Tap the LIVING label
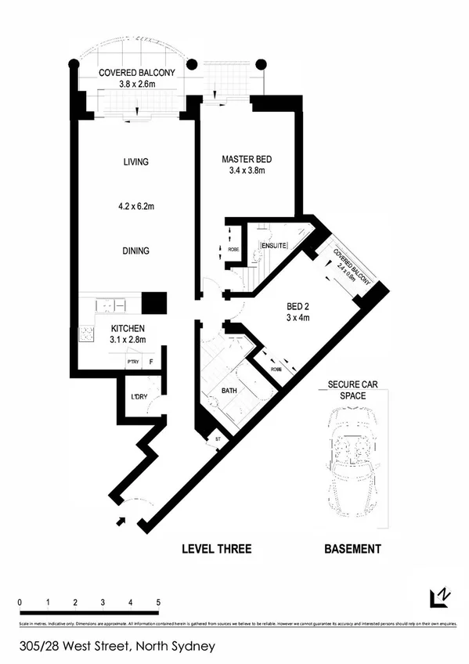(135, 162)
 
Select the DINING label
(135, 251)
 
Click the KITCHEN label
(128, 328)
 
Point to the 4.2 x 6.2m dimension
(135, 207)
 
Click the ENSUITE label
(274, 246)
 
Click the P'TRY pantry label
(132, 362)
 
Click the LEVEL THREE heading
(217, 549)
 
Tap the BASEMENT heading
(352, 549)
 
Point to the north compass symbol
(440, 598)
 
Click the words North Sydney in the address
(175, 647)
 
